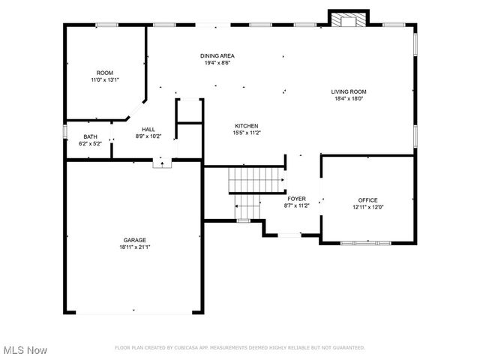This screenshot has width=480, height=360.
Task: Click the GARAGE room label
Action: pos(135,240)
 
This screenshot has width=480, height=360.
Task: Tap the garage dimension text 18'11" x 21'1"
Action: pos(135,247)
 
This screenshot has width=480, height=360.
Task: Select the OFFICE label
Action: pos(367,199)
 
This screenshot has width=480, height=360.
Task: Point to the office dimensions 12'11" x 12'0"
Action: pos(367,207)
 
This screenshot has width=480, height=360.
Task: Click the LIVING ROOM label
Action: pos(349,91)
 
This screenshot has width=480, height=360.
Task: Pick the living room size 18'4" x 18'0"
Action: pos(349,99)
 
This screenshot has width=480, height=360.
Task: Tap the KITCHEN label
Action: pos(247,125)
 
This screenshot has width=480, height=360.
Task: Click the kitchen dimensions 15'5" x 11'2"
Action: pos(247,133)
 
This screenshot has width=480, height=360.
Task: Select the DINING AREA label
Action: pos(217,55)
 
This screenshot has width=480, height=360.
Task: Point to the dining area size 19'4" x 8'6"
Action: pos(217,63)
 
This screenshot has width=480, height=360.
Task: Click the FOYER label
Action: pos(296,198)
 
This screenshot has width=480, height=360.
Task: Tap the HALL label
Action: pos(148,129)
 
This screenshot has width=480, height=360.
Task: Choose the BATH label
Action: pos(90,136)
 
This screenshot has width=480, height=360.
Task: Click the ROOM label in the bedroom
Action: pos(104,73)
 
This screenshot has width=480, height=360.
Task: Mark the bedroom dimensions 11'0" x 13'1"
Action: pos(104,79)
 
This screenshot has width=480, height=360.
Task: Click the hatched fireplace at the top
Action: pos(349,21)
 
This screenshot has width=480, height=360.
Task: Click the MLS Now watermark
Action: pos(25,350)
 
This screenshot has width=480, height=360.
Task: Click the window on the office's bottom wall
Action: pos(365,243)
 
